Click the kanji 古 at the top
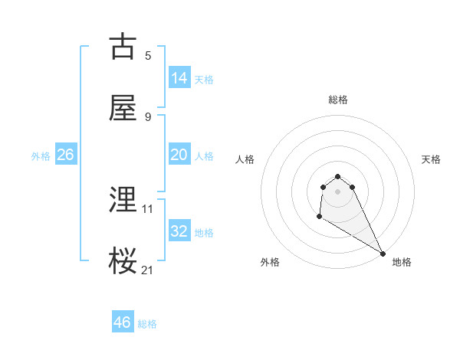123,47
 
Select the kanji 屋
123,108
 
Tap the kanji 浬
123,200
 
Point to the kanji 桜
123,261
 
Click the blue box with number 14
179,77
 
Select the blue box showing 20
179,155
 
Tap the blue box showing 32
179,231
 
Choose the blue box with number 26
65,155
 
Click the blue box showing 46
123,322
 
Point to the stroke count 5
148,55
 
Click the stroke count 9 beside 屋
148,116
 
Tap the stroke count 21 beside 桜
148,270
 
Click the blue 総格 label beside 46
147,324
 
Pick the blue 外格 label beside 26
41,155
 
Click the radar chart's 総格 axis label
338,100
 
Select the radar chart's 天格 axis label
431,159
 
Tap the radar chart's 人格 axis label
245,159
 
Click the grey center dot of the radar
338,191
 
